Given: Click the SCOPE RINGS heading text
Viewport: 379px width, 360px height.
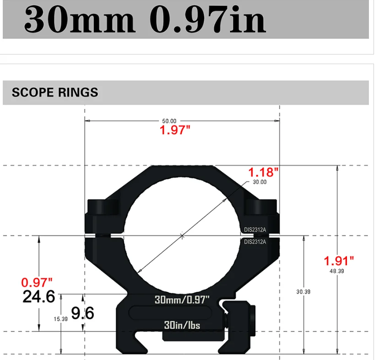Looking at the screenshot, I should click(x=55, y=92).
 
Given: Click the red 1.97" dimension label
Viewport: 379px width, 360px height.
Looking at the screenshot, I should click(x=174, y=130).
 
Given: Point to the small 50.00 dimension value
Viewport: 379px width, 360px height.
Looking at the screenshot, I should click(x=169, y=121).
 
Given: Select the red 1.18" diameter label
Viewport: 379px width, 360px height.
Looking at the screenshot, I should click(x=263, y=172).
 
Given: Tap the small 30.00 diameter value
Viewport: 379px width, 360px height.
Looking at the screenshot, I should click(x=259, y=182).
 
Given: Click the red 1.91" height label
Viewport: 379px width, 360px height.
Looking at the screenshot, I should click(x=339, y=261).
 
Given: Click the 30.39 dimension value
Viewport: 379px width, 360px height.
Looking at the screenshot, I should click(x=303, y=291).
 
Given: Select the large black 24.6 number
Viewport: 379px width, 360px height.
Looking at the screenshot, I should click(x=39, y=297).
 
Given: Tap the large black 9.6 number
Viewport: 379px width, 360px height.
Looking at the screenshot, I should click(x=82, y=313).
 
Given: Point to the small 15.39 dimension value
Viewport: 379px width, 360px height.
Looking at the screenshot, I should click(x=60, y=319).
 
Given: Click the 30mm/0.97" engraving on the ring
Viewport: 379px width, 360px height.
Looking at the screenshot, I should click(x=182, y=300).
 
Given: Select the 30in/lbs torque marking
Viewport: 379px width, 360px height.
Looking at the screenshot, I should click(x=182, y=325).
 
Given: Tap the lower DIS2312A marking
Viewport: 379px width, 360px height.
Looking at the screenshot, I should click(x=255, y=241).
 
